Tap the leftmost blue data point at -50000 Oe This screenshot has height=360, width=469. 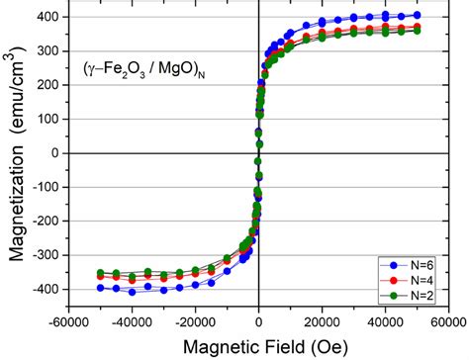coord(101,288)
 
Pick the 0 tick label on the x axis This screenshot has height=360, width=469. coord(258,321)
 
